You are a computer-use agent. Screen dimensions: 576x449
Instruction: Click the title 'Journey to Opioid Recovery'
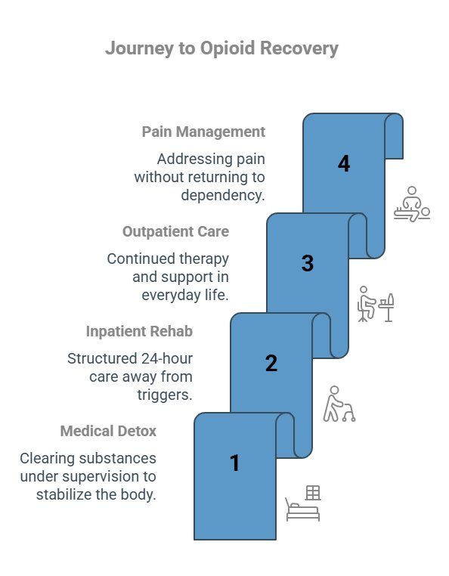pos(221,48)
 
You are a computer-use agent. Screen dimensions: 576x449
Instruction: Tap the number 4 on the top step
pos(344,163)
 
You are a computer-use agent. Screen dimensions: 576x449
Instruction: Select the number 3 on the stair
pos(307,263)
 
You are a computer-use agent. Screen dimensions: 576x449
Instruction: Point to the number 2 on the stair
pos(271,363)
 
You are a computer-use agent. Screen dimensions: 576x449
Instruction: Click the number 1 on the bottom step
pos(234,463)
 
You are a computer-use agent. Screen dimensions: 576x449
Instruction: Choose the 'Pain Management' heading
pos(203,132)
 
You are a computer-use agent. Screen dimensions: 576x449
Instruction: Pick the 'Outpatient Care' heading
pos(175,231)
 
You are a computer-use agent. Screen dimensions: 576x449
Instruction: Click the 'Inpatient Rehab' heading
pos(139,331)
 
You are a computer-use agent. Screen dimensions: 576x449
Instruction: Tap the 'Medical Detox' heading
pos(108,431)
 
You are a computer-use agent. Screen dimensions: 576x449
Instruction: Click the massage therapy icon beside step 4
pos(411,203)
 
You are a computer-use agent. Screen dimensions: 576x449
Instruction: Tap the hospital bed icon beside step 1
pos(302,503)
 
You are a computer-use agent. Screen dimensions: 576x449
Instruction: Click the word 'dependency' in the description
pos(222,195)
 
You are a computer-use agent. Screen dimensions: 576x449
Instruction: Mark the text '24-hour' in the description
pos(167,358)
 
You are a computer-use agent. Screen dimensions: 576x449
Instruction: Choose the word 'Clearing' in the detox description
pos(45,458)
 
